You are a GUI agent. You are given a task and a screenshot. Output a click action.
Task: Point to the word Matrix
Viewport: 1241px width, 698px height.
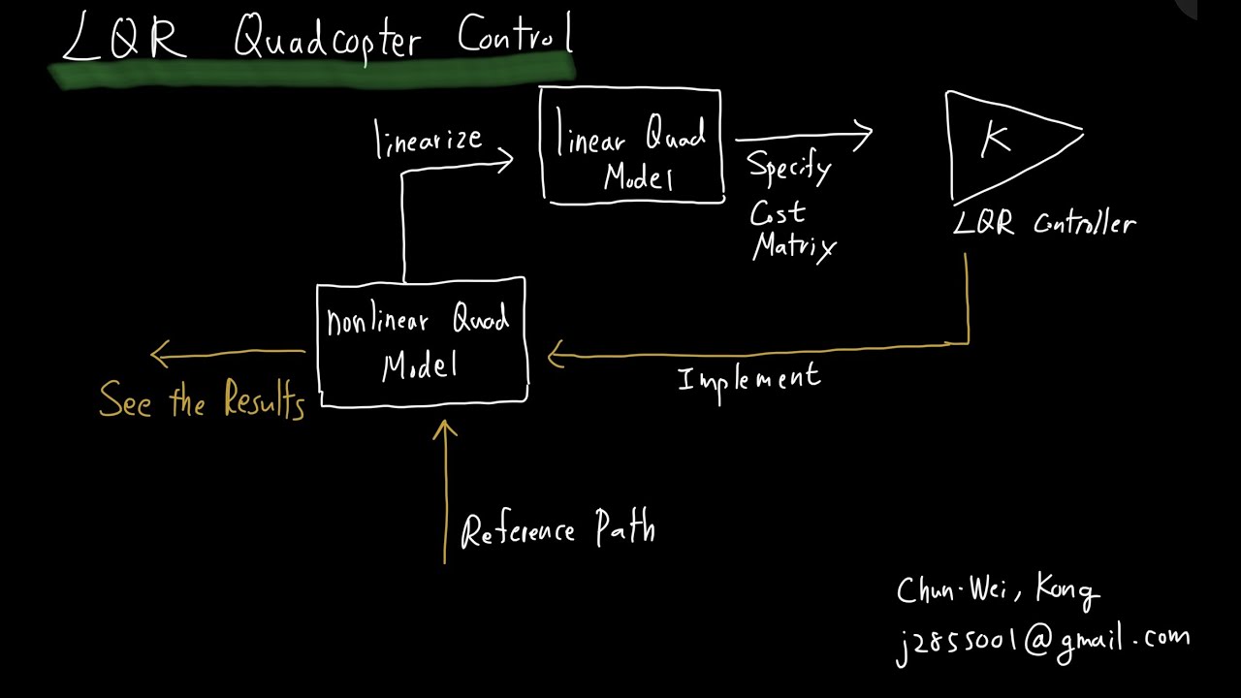click(794, 245)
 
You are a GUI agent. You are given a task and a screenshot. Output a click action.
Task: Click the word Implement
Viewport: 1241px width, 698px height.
click(748, 378)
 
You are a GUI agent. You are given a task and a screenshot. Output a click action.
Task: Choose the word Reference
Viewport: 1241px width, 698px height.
click(518, 531)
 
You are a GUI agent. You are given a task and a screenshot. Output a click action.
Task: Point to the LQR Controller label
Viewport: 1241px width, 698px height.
click(1043, 224)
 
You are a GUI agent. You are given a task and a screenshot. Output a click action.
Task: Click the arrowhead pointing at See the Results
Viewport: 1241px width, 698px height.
click(158, 354)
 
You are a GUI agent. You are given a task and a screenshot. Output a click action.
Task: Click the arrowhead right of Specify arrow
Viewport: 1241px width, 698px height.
click(863, 135)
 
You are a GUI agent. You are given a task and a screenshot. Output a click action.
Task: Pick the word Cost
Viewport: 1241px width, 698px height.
click(778, 211)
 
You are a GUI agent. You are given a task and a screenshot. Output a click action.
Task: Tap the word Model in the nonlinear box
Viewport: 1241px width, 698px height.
click(419, 366)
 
